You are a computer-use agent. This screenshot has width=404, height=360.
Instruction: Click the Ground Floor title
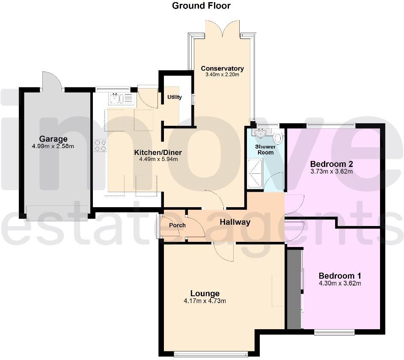(x=201, y=6)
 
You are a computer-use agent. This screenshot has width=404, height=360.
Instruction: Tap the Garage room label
(x=53, y=139)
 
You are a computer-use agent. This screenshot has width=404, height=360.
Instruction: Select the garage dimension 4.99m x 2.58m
(x=53, y=146)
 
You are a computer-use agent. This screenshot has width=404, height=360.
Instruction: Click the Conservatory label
(x=222, y=68)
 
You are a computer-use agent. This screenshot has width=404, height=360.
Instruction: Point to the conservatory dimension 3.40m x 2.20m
(x=222, y=74)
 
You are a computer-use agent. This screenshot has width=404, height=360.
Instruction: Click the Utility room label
(x=175, y=97)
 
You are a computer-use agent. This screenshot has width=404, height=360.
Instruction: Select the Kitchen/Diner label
(x=158, y=152)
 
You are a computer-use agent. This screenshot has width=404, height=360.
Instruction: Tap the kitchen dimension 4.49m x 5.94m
(x=158, y=159)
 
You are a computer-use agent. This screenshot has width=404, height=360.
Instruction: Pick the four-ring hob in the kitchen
(x=101, y=146)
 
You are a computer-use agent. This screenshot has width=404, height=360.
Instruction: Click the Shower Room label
(x=265, y=149)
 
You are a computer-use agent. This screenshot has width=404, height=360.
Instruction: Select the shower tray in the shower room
(x=256, y=173)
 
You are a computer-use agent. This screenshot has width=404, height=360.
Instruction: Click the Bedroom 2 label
(x=331, y=164)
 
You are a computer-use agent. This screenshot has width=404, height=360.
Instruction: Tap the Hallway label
(x=235, y=222)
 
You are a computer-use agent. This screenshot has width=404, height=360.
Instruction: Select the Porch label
(x=177, y=225)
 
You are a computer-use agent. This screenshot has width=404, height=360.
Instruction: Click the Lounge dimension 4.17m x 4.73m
(x=205, y=300)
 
